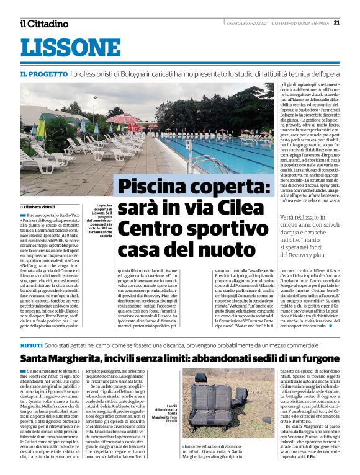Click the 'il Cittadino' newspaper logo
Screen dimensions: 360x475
point(43,24)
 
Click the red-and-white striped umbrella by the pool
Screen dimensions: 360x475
point(124,119)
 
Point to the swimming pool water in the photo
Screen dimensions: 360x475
point(217,152)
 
